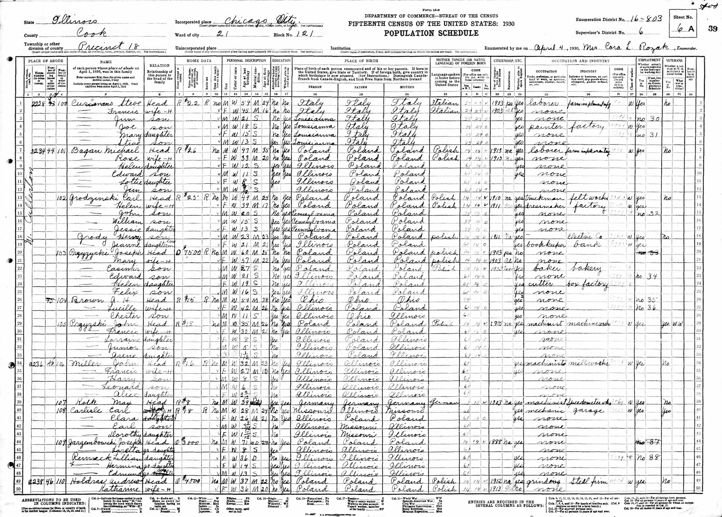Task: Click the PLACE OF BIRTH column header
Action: pyautogui.click(x=361, y=60)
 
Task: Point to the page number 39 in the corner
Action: pyautogui.click(x=712, y=29)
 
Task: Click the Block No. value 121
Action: pyautogui.click(x=304, y=34)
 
